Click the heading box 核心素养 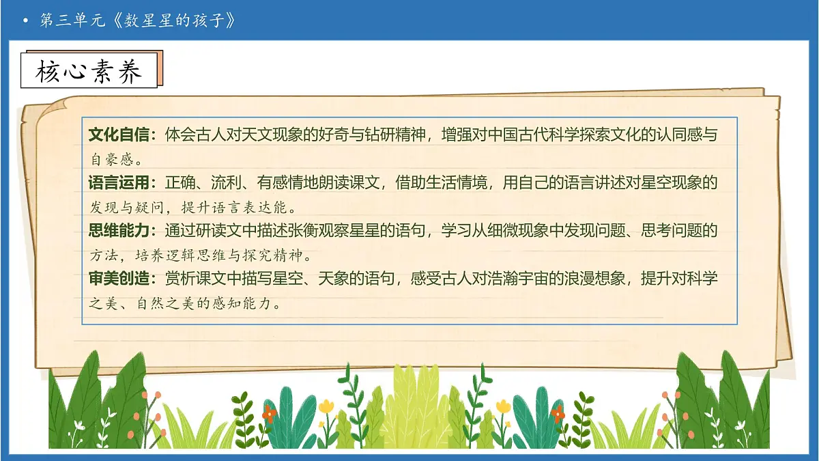coord(89,70)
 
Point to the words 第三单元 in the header coord(72,20)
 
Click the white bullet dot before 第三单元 coord(26,21)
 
